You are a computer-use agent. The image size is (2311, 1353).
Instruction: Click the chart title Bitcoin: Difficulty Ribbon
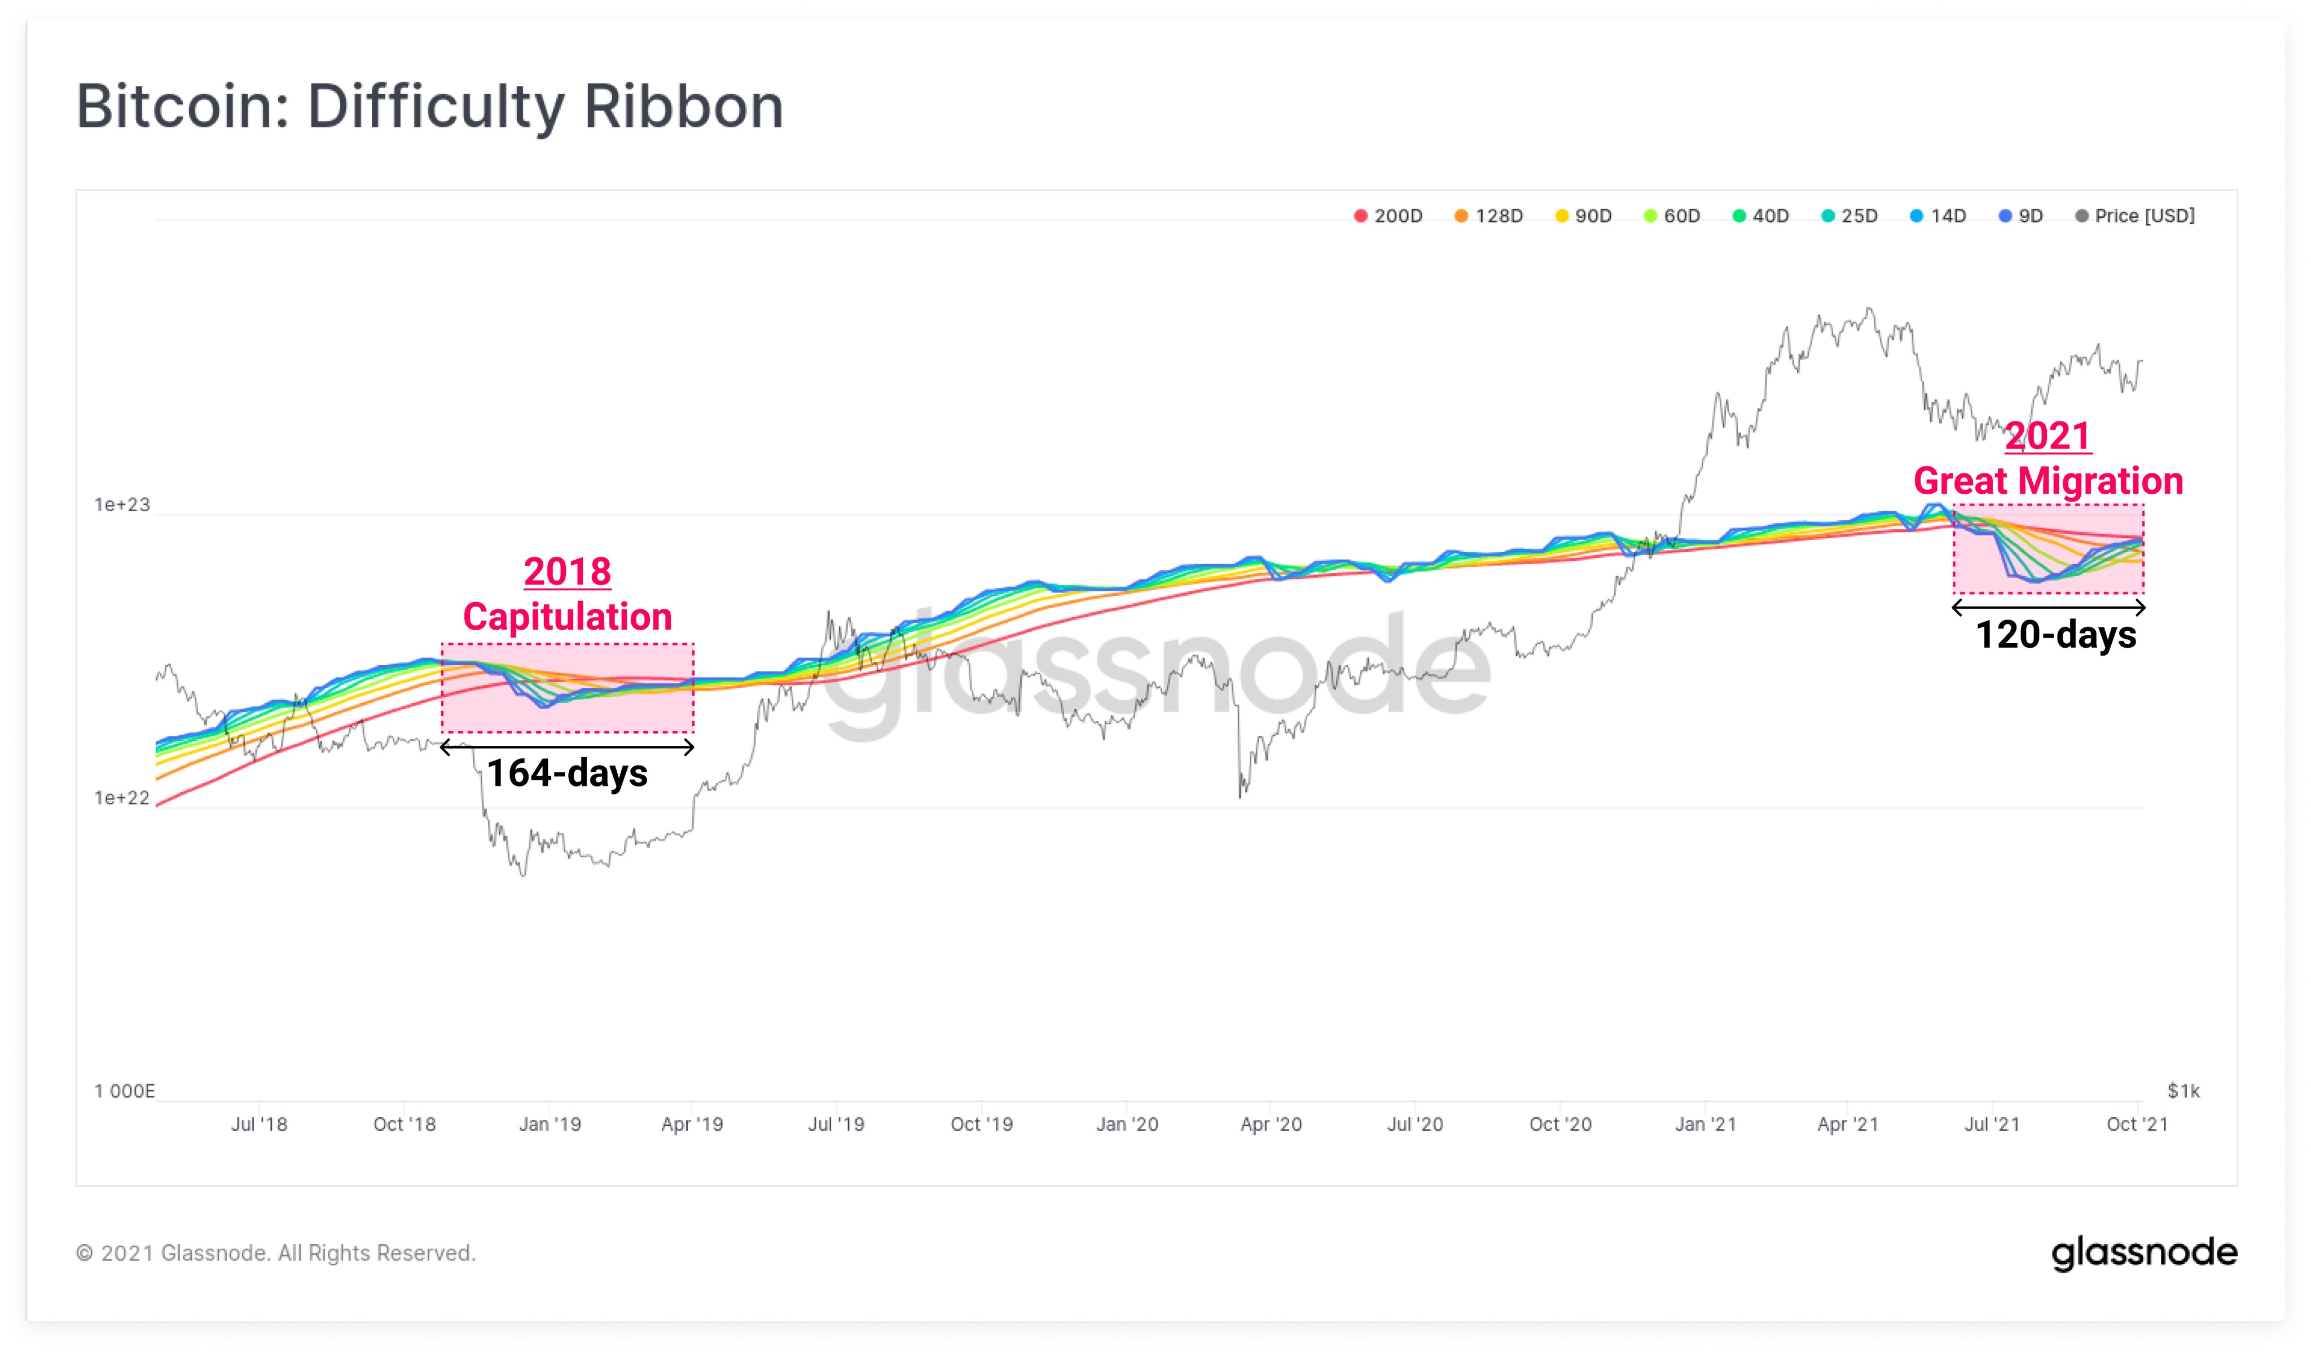(429, 107)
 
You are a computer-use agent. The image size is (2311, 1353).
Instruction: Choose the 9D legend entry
(2020, 217)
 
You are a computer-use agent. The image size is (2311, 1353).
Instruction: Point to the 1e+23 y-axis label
(122, 504)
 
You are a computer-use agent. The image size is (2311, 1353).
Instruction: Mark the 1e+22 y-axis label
(122, 798)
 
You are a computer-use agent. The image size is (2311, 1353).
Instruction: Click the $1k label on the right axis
(2182, 1091)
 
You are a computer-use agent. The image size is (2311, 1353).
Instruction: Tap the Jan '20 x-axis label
(1127, 1124)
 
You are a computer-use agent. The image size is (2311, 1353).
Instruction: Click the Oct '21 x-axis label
(2137, 1124)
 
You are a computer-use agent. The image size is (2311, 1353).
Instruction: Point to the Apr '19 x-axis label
(692, 1124)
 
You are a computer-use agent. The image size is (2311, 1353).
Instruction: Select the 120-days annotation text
(2055, 635)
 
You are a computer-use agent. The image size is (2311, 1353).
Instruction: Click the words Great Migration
(2048, 481)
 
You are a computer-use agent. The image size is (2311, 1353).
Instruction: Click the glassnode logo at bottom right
(2144, 1253)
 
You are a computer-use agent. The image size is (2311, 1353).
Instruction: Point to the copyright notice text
(275, 1253)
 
